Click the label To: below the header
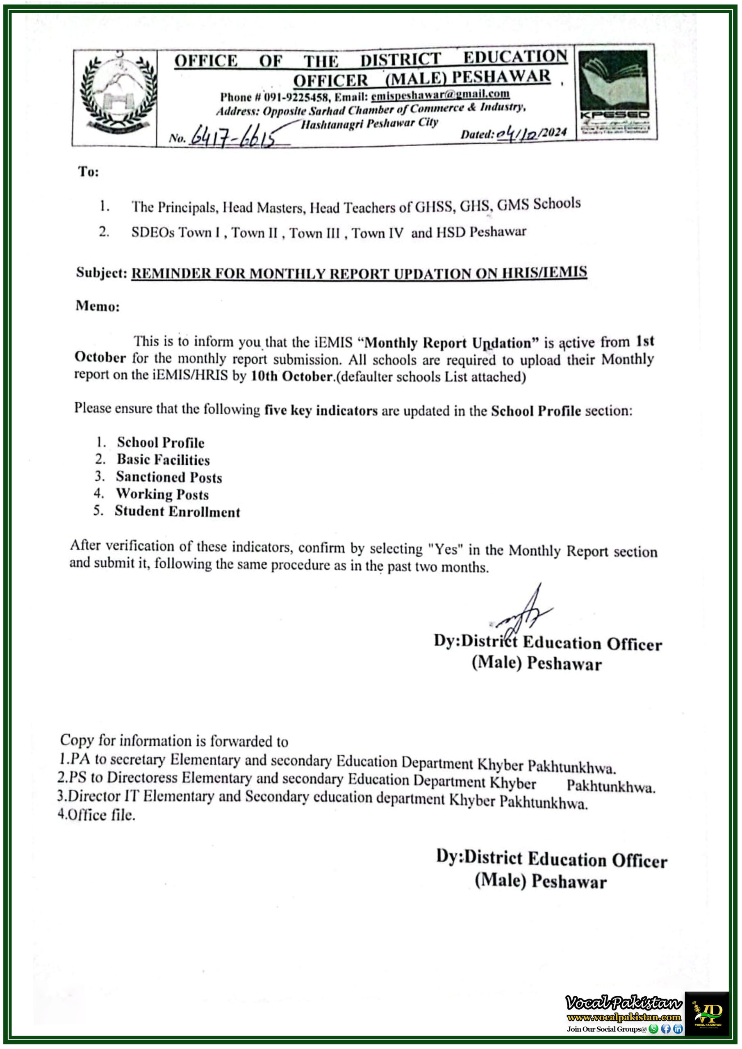(x=89, y=172)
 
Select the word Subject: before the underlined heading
(x=101, y=273)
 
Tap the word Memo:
(x=98, y=306)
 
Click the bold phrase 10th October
(x=291, y=376)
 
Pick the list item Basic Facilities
(x=163, y=460)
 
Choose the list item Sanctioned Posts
(x=169, y=477)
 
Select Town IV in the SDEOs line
(x=377, y=234)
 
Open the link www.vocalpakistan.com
(x=624, y=1017)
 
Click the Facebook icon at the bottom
(x=666, y=1029)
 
